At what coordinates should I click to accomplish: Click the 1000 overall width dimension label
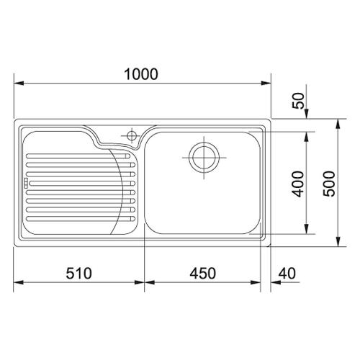pos(141,74)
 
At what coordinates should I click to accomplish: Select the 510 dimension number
pos(79,274)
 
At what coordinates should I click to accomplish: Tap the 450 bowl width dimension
pos(203,274)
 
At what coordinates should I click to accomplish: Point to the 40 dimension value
pos(287,274)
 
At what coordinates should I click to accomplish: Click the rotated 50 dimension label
pos(299,101)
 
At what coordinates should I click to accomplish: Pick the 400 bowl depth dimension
pos(299,184)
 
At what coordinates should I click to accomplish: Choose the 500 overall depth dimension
pos(329,184)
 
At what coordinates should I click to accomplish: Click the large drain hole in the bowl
pos(204,158)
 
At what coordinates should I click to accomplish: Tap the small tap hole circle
pos(132,136)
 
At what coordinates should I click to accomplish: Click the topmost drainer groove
pos(78,156)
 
